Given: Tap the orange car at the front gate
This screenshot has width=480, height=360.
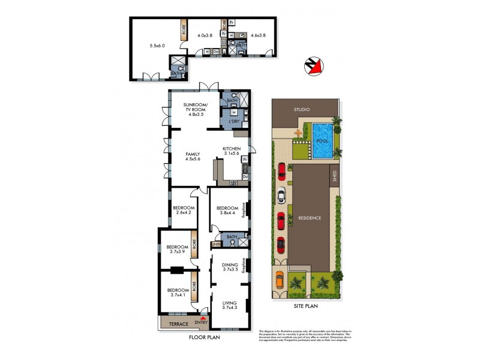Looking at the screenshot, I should coord(280,280).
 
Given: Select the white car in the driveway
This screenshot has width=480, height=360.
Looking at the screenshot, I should coord(281,196).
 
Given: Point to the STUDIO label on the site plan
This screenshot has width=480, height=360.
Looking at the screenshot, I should coord(301,110).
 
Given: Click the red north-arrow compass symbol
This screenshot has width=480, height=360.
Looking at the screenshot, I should coord(314,68).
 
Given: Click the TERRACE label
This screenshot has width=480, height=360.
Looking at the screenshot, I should coord(179,324).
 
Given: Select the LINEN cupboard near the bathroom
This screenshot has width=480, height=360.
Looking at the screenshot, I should coord(215,244).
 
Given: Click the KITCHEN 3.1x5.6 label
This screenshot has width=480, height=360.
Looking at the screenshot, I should coord(232,151).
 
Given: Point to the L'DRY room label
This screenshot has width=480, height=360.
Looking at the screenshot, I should coord(234,122).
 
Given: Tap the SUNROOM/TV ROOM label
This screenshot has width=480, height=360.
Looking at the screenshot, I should coord(194,109).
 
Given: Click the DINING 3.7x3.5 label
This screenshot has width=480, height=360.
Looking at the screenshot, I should coord(230,267).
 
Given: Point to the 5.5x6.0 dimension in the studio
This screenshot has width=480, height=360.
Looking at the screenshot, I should coord(157,45).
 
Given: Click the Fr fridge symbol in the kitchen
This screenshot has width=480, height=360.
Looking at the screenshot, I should coord(245,160).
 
